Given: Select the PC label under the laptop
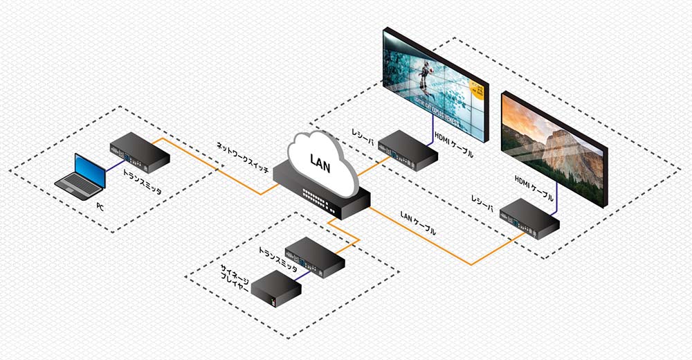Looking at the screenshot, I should (x=101, y=206).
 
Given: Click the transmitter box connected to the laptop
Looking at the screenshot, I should (x=139, y=152).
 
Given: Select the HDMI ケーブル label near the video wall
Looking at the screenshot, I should (x=453, y=145).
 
